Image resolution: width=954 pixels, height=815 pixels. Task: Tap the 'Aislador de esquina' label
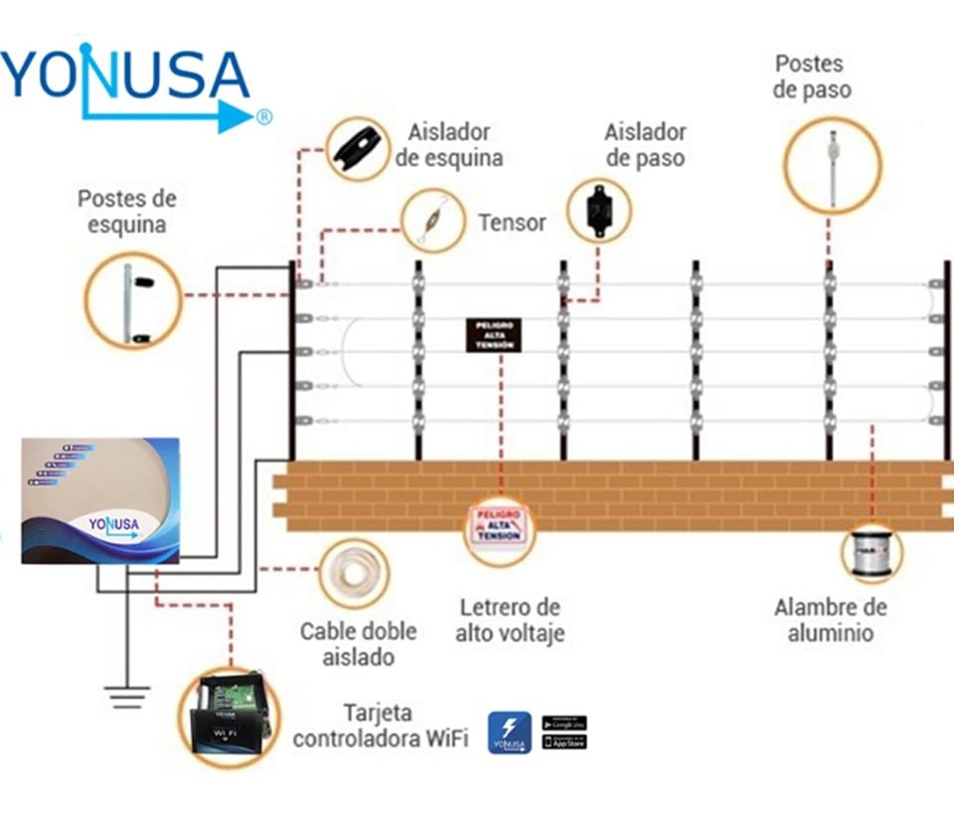click(455, 145)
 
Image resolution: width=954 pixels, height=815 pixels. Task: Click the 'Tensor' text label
click(512, 223)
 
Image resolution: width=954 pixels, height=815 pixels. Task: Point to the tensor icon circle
click(433, 221)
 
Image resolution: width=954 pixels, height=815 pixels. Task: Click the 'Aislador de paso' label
click(645, 145)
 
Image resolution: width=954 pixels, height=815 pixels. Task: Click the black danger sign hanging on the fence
click(494, 335)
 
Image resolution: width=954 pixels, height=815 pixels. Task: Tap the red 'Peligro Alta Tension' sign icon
click(499, 526)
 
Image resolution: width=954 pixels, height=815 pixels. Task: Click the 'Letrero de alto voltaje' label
click(510, 620)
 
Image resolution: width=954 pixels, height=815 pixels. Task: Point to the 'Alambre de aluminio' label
click(831, 620)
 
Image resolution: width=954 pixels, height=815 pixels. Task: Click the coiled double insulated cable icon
click(353, 575)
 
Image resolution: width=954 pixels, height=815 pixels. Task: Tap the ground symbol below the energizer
click(126, 697)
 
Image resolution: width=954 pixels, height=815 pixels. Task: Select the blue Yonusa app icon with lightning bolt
click(509, 732)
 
